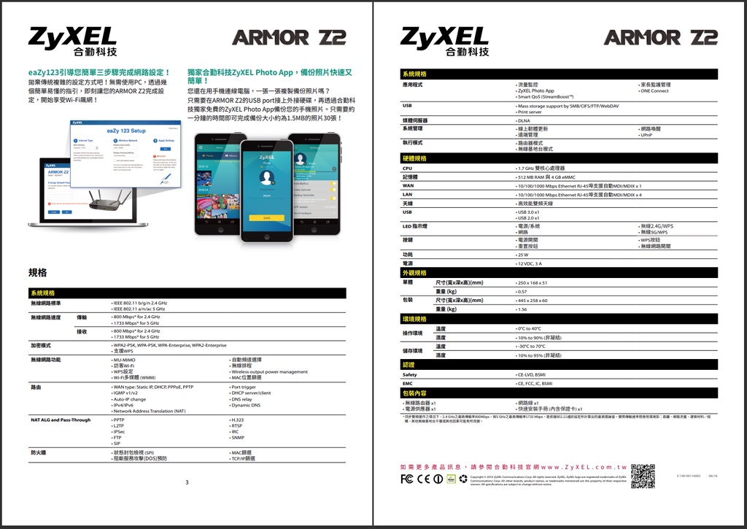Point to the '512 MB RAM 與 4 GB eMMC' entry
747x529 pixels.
point(548,177)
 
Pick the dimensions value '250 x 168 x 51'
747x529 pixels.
point(532,282)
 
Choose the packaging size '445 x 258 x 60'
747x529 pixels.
point(533,300)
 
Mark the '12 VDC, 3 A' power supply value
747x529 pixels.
point(530,263)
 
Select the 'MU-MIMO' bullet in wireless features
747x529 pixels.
point(123,360)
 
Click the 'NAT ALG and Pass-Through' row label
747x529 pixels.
point(61,420)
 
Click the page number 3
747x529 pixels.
point(187,482)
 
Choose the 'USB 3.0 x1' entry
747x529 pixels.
point(528,212)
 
